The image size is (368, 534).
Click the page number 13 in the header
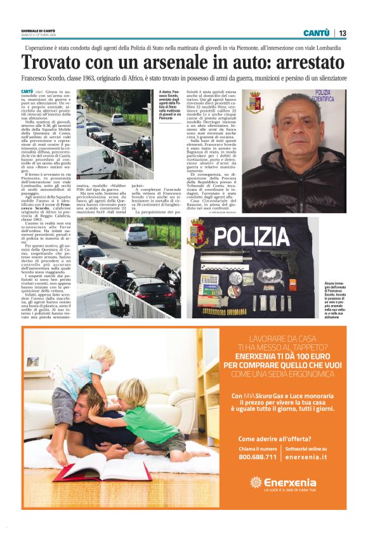[342, 34]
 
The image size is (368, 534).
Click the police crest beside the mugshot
[255, 103]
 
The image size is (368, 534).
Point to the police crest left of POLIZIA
[199, 235]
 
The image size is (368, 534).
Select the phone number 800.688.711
[257, 456]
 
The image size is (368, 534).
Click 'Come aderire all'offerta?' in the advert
[275, 439]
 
